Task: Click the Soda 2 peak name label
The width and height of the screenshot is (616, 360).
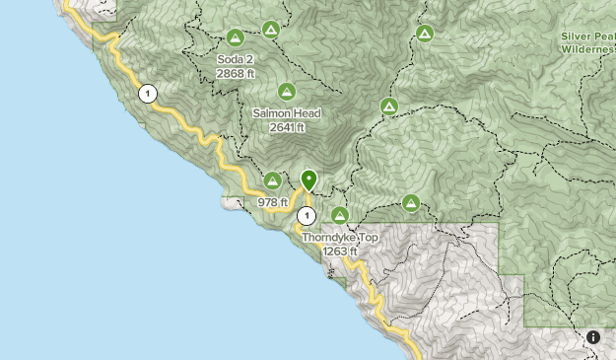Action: pyautogui.click(x=237, y=59)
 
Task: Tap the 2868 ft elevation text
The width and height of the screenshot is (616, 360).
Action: pyautogui.click(x=237, y=73)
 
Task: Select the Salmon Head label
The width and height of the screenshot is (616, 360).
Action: pyautogui.click(x=287, y=113)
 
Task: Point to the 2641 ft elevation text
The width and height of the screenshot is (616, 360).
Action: pyautogui.click(x=287, y=127)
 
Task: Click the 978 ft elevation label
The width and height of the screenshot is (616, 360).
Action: pyautogui.click(x=272, y=202)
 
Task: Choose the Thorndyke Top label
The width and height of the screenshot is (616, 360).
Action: pyautogui.click(x=340, y=238)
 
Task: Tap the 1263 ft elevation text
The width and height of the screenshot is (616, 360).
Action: pyautogui.click(x=340, y=252)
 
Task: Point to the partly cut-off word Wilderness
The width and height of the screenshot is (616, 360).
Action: pyautogui.click(x=588, y=49)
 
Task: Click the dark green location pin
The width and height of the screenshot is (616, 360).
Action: pyautogui.click(x=308, y=180)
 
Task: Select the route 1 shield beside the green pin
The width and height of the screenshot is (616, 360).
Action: pyautogui.click(x=307, y=215)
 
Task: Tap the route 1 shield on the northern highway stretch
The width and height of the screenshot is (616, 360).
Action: pyautogui.click(x=147, y=94)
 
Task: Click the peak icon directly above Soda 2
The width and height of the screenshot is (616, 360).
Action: pyautogui.click(x=235, y=38)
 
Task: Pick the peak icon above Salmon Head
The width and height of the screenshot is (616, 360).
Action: pyautogui.click(x=287, y=92)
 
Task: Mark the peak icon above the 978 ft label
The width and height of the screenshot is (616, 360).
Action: pyautogui.click(x=272, y=180)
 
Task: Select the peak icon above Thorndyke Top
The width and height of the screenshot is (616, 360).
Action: pyautogui.click(x=340, y=215)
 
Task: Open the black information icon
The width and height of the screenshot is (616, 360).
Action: pyautogui.click(x=593, y=337)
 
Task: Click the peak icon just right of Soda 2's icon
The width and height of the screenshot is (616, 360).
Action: pyautogui.click(x=270, y=31)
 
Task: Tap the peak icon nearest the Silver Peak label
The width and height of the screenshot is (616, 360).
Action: pyautogui.click(x=424, y=35)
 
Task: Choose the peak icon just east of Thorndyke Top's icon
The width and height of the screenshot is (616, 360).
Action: pyautogui.click(x=411, y=203)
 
